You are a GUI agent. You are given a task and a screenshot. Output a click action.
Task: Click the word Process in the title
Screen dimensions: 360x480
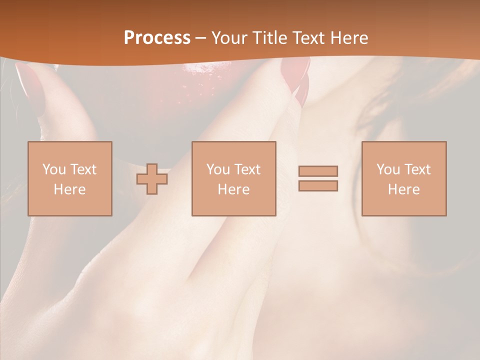pyautogui.click(x=157, y=38)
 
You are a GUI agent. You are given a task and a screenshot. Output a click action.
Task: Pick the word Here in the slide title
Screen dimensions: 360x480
pyautogui.click(x=350, y=38)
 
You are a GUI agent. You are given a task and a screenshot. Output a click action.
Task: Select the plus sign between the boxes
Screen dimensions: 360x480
pyautogui.click(x=152, y=179)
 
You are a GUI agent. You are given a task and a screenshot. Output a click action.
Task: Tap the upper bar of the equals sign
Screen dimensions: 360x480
pyautogui.click(x=318, y=171)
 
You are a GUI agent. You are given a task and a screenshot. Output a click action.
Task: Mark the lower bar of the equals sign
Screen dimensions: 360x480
pyautogui.click(x=318, y=186)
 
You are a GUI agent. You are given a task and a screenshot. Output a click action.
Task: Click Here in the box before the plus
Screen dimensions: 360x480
pyautogui.click(x=69, y=189)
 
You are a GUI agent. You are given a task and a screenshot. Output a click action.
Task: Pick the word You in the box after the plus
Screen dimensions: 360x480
pyautogui.click(x=218, y=169)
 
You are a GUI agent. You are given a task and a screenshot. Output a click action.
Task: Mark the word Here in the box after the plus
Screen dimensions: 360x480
pyautogui.click(x=233, y=189)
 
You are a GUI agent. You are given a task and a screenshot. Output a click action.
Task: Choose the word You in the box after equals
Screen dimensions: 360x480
pyautogui.click(x=388, y=169)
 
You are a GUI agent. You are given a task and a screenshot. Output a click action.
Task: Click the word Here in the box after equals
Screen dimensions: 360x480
pyautogui.click(x=404, y=189)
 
